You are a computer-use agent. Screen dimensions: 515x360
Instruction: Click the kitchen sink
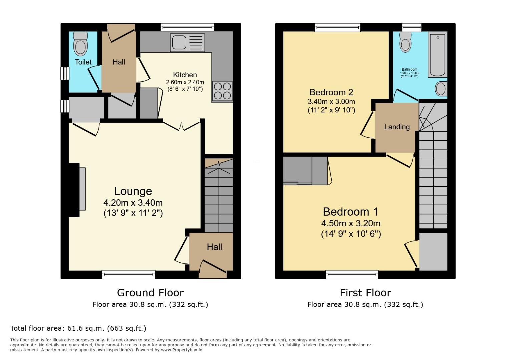click(x=187, y=43)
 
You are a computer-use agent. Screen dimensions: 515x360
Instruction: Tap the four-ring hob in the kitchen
click(x=222, y=91)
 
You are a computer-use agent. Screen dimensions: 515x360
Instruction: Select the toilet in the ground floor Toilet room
click(x=80, y=44)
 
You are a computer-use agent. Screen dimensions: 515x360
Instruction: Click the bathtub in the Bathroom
click(x=438, y=55)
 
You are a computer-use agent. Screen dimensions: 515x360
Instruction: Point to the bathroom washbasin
click(x=441, y=89)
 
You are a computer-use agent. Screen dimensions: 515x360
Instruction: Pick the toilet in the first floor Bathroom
click(x=405, y=42)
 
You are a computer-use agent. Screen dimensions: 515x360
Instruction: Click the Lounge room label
click(x=133, y=191)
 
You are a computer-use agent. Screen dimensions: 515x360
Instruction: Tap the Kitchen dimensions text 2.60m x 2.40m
click(x=185, y=82)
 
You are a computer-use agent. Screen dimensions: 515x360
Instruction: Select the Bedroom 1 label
click(x=351, y=212)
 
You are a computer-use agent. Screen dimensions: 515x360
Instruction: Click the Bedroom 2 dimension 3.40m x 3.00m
click(x=331, y=101)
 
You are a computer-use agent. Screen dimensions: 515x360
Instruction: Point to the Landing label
click(x=397, y=127)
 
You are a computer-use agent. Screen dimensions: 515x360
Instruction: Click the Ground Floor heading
click(x=150, y=293)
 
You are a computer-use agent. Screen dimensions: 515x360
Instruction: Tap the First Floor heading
click(x=365, y=293)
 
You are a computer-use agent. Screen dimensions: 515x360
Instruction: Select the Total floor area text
click(x=78, y=328)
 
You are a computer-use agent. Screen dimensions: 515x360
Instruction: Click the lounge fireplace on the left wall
click(x=77, y=190)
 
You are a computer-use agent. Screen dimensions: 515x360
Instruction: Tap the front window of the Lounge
click(x=128, y=275)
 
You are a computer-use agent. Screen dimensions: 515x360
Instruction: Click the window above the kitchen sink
click(x=187, y=27)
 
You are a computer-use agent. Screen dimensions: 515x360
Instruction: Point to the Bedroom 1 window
click(x=352, y=275)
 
